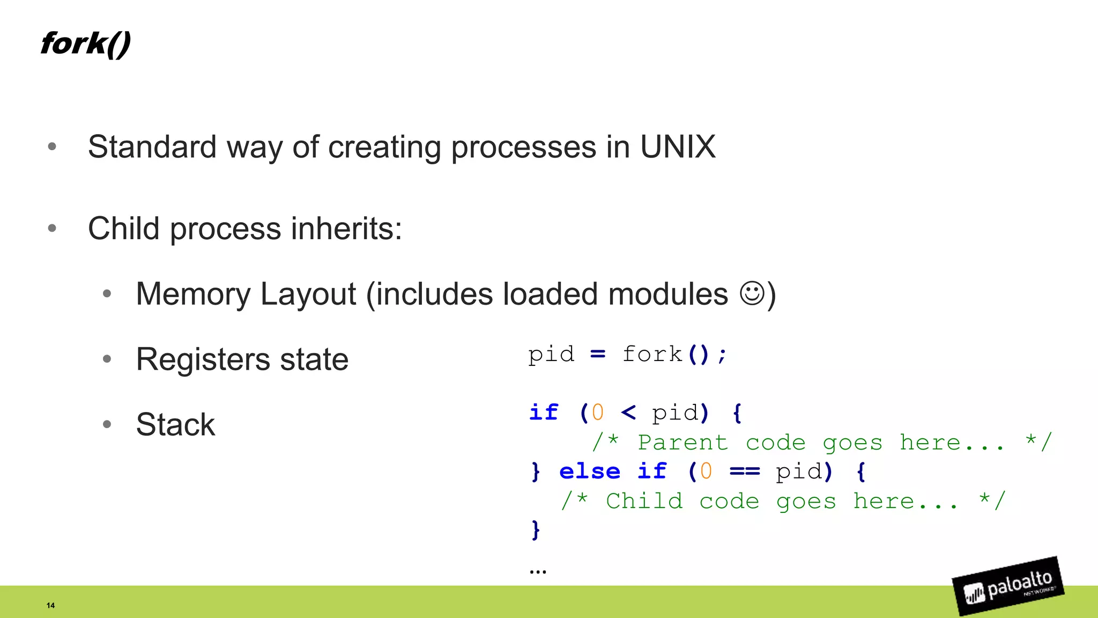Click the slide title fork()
[x=85, y=43]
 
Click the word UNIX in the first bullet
[x=678, y=146]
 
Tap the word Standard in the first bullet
[x=152, y=146]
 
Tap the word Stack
[x=175, y=424]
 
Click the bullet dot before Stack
[x=107, y=424]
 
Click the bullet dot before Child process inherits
[x=52, y=229]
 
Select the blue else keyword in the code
[x=589, y=472]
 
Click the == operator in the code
[x=745, y=472]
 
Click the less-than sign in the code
[x=628, y=413]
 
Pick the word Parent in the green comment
[x=682, y=443]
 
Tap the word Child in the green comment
[x=644, y=501]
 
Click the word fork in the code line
[x=652, y=355]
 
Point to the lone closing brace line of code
[x=535, y=529]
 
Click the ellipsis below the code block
[x=538, y=571]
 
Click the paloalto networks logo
[x=1008, y=586]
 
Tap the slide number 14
[x=50, y=605]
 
